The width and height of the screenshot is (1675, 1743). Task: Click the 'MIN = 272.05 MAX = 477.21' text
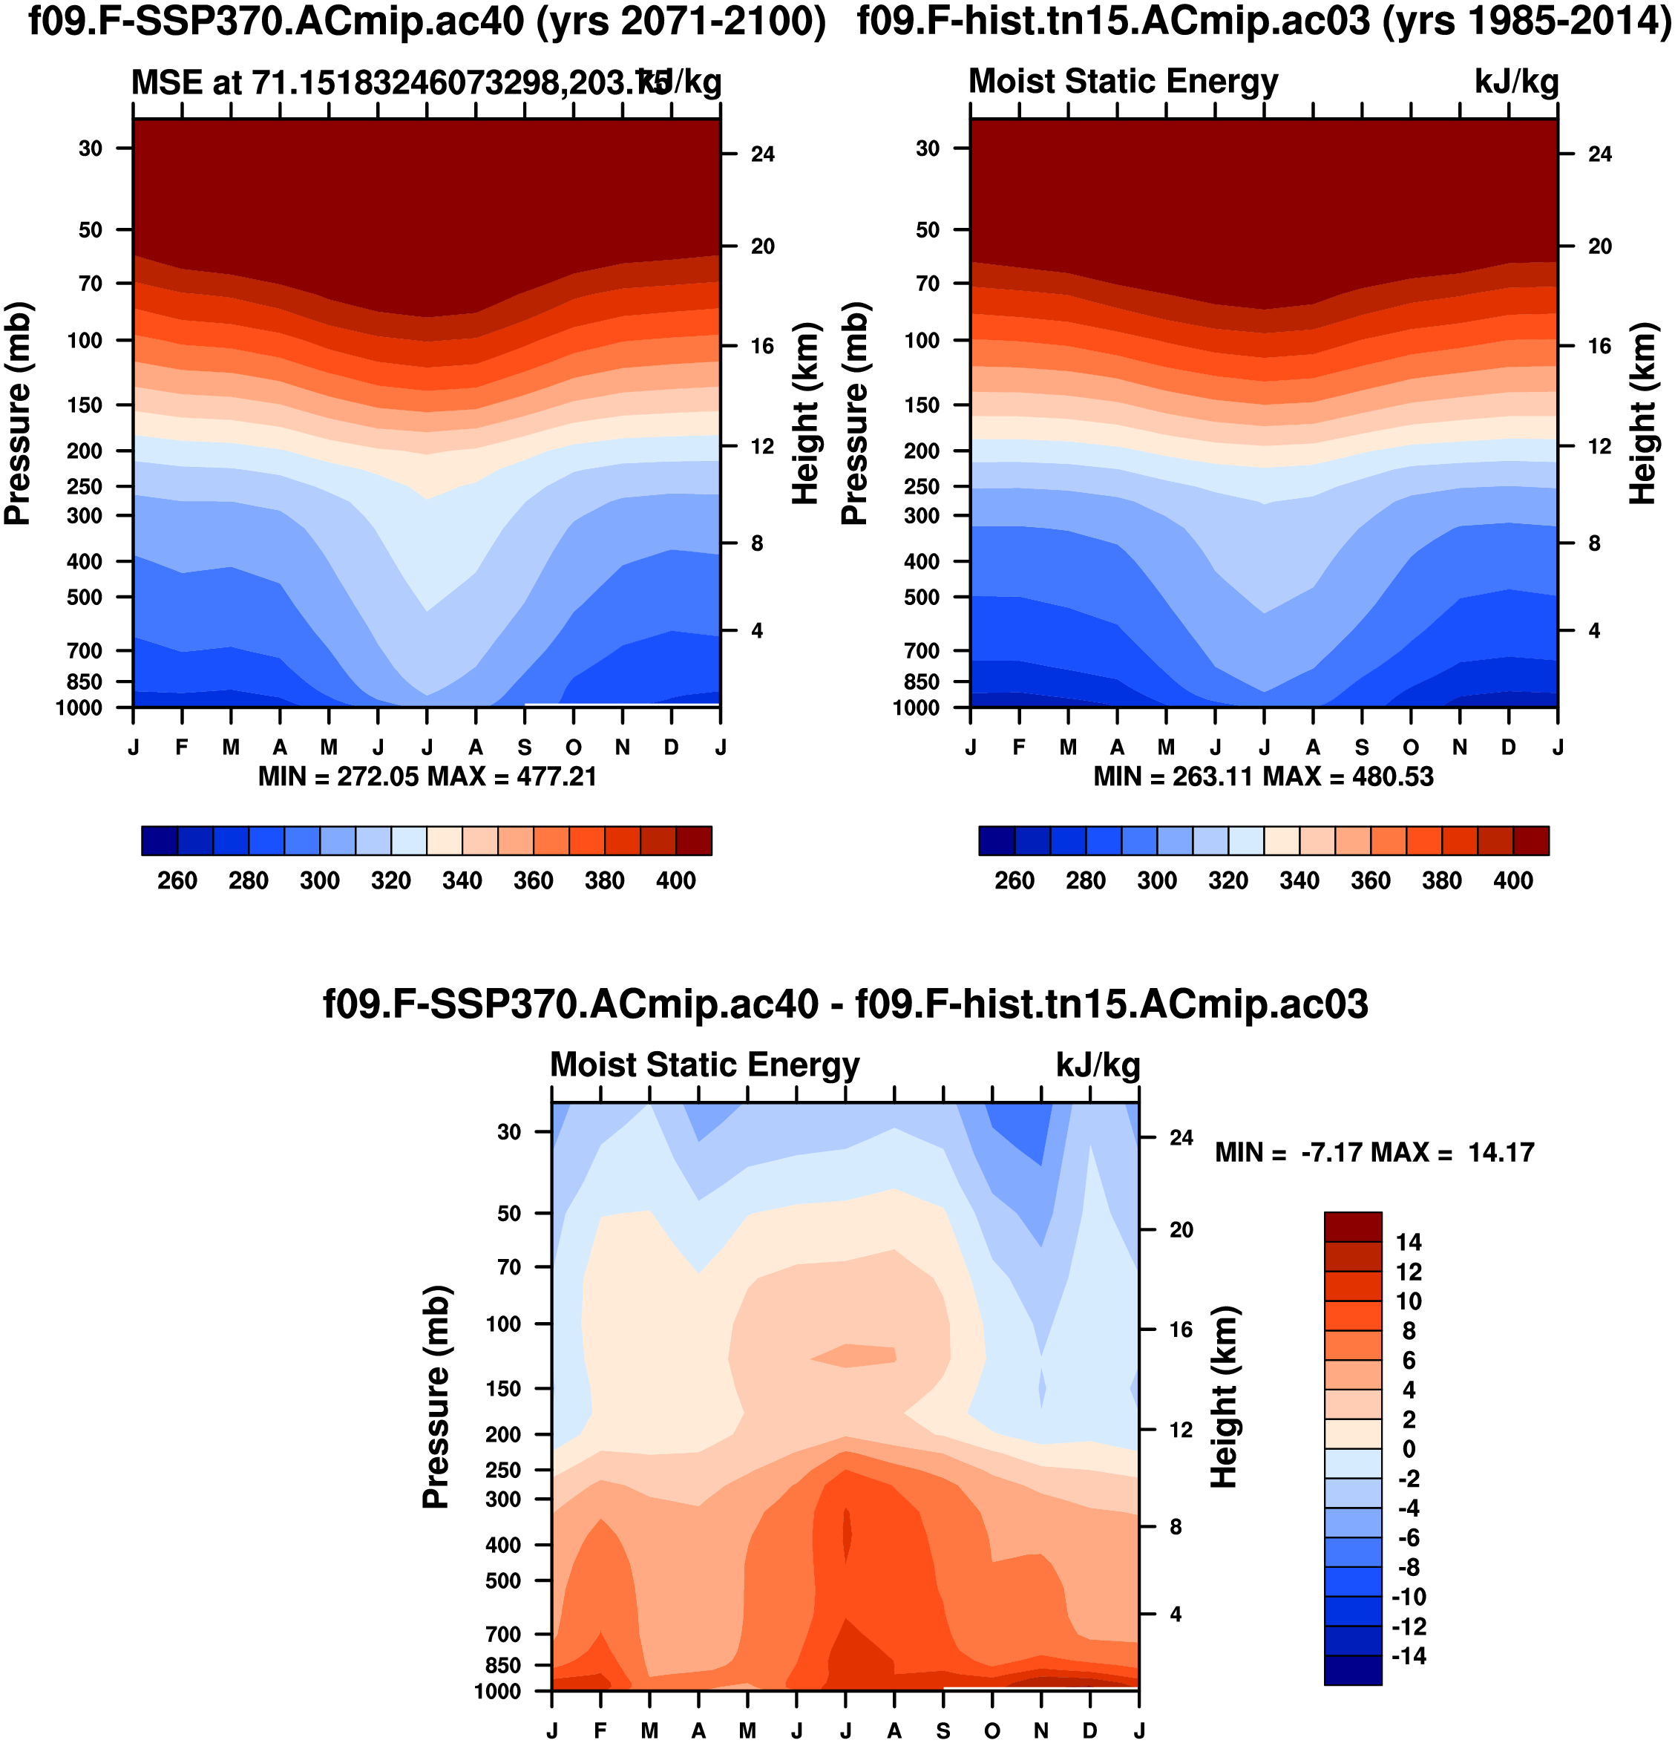tap(427, 777)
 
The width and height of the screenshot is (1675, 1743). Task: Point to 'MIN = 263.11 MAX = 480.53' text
tap(1263, 777)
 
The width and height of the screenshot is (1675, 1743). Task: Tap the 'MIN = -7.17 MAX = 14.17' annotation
tap(1374, 1153)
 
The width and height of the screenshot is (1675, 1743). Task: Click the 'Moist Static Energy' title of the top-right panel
tap(1123, 82)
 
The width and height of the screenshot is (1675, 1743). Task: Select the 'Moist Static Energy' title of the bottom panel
tap(705, 1065)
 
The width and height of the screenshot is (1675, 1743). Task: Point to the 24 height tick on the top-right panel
tap(1599, 154)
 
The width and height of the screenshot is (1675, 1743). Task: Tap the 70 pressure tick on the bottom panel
tap(508, 1266)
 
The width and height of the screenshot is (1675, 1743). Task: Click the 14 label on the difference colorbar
tap(1409, 1243)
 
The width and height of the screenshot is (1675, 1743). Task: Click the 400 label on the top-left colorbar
tap(675, 880)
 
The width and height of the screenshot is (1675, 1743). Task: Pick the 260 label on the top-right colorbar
tap(1014, 880)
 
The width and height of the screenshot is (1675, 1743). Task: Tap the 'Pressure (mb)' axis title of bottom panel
tap(436, 1396)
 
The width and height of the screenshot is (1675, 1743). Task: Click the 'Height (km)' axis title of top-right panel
tap(1643, 413)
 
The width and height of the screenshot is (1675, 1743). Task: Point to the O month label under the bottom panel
tap(992, 1730)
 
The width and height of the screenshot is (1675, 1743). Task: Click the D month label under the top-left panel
tap(671, 747)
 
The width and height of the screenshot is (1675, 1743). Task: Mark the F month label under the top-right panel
tap(1019, 747)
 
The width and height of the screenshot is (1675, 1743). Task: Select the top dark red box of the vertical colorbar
tap(1352, 1226)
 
